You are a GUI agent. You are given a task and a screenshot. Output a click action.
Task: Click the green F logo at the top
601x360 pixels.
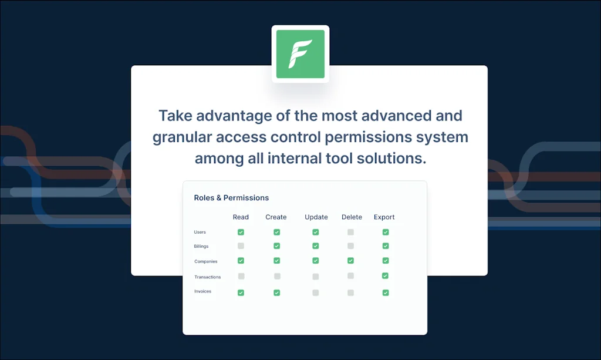click(300, 54)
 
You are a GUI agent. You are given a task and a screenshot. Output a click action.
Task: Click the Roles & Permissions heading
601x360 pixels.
click(231, 198)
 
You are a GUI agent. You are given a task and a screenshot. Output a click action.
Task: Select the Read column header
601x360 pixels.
click(241, 217)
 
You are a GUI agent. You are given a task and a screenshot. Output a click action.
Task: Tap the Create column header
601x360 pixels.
click(276, 217)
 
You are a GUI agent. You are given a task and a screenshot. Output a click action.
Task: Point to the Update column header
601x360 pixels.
click(316, 217)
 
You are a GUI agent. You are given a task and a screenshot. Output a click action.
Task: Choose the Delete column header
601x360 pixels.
click(352, 217)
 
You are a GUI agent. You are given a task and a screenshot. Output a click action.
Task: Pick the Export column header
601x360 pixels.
click(384, 217)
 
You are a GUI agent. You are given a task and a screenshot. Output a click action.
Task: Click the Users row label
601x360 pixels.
click(200, 232)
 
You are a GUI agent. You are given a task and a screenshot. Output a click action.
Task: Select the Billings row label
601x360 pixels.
click(201, 246)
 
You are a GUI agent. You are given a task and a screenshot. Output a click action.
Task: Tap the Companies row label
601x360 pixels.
click(206, 261)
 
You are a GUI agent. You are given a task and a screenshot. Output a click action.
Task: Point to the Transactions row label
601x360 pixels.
click(207, 277)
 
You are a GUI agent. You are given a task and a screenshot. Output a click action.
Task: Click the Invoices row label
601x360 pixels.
click(202, 291)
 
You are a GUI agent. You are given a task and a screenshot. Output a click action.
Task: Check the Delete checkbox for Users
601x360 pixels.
click(351, 232)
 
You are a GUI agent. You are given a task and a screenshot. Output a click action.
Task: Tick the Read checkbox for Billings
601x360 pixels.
click(241, 245)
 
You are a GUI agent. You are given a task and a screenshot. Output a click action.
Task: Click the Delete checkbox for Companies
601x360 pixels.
click(351, 261)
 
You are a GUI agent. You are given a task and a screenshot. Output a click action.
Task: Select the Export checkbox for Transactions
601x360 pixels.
click(385, 275)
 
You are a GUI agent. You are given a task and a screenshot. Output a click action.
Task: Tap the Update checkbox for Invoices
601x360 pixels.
click(315, 292)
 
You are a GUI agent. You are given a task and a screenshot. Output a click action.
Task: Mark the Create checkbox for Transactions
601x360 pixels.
click(277, 276)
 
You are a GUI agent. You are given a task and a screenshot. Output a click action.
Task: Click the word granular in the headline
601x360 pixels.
click(182, 137)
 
